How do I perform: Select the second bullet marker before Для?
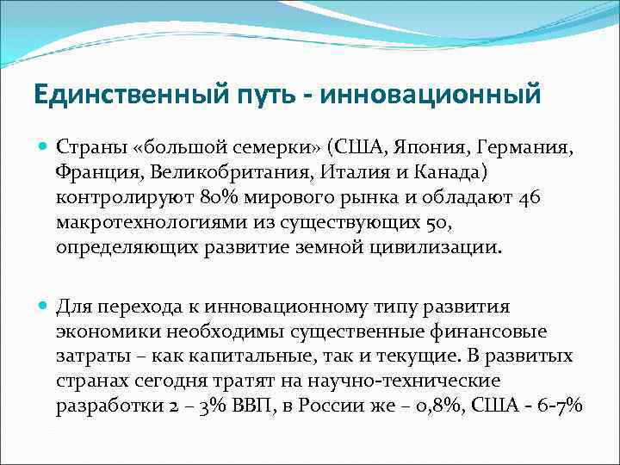point(45,307)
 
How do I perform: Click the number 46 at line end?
point(530,199)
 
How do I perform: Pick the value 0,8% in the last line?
point(438,406)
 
